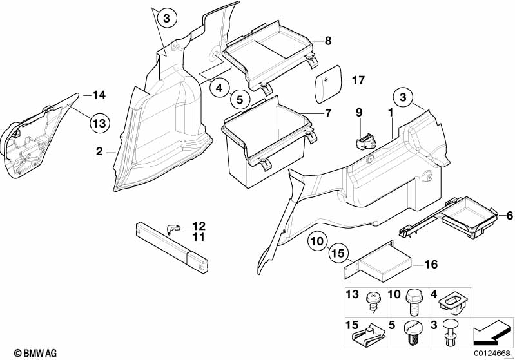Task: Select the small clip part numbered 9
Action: click(x=365, y=137)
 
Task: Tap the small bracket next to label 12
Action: click(x=172, y=227)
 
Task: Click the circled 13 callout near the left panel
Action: click(x=101, y=121)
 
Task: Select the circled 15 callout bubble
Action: click(x=338, y=256)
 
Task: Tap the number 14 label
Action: click(x=98, y=95)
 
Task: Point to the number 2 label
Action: click(x=99, y=152)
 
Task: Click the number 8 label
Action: click(x=327, y=41)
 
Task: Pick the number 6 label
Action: click(x=509, y=216)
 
